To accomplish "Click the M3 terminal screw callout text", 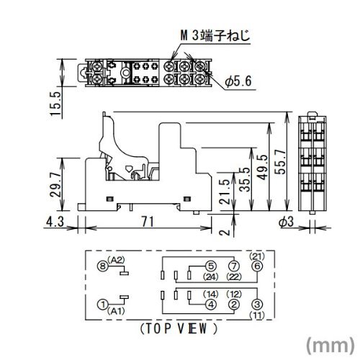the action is tap(215, 36).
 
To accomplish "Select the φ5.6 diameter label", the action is tap(238, 81).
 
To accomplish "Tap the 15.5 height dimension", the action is tap(56, 104).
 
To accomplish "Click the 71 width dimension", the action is tap(148, 221).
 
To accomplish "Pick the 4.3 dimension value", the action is tap(55, 221).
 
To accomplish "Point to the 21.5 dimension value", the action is tap(225, 192).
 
